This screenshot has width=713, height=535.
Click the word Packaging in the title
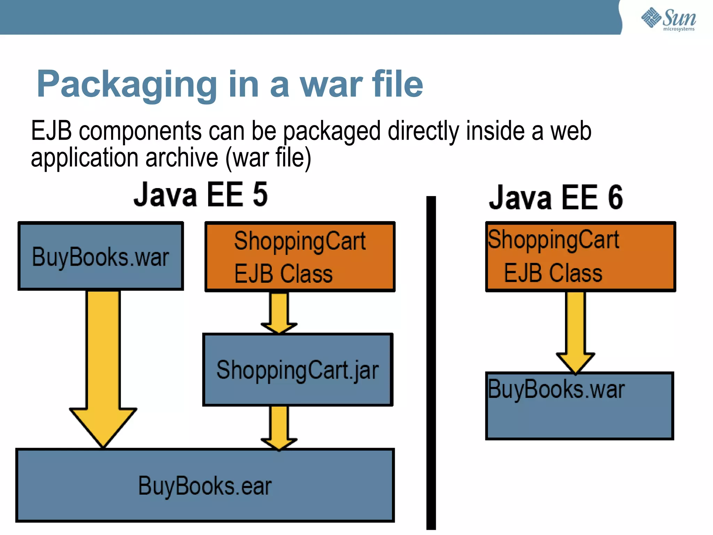127,84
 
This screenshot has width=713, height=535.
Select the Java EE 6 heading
556,197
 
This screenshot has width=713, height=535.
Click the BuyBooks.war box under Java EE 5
101,256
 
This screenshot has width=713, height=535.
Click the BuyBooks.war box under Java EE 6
579,406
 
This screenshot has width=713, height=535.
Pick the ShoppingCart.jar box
298,370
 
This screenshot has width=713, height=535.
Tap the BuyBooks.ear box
205,486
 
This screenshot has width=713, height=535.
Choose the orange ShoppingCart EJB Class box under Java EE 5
300,256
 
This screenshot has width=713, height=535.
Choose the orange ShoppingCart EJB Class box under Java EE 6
580,256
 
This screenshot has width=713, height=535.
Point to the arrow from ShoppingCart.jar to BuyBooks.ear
279,428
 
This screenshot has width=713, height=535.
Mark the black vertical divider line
431,362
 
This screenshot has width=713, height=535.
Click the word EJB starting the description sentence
51,131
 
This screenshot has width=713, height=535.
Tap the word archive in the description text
181,158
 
